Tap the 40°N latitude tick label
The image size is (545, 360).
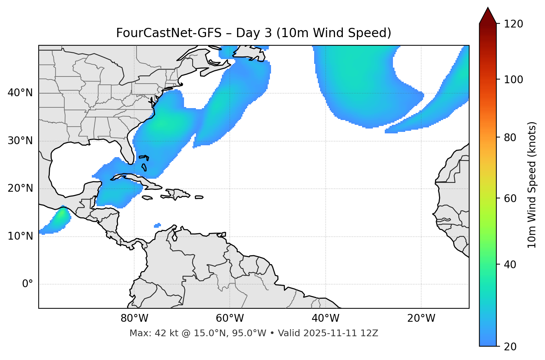[20, 93]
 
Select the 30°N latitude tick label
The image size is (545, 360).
[20, 141]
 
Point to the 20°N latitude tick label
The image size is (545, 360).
[20, 188]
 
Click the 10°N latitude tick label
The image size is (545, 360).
[20, 236]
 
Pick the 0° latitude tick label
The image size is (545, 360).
[28, 284]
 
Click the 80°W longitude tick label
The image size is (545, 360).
[134, 318]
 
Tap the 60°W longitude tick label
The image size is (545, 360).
[230, 318]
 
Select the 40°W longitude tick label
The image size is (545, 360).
[325, 318]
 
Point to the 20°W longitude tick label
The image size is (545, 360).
[421, 318]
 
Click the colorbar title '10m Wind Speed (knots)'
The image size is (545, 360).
[532, 185]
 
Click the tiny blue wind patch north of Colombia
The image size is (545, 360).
[158, 225]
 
